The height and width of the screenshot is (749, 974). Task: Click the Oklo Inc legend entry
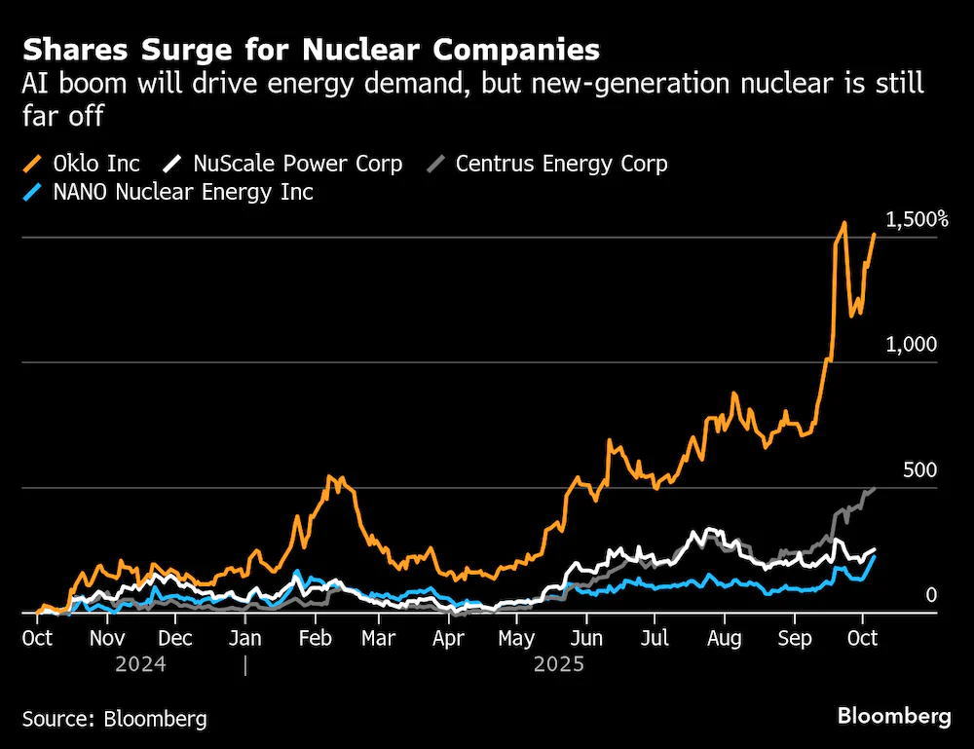(x=82, y=164)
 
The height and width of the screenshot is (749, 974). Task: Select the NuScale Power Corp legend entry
(x=282, y=164)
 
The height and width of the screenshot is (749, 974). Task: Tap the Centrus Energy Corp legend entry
(x=547, y=164)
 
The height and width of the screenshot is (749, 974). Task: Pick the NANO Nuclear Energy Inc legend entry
(x=168, y=192)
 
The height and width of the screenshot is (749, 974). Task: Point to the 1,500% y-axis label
(x=917, y=220)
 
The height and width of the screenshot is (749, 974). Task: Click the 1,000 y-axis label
(x=912, y=344)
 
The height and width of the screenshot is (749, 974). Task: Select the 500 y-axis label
(x=920, y=470)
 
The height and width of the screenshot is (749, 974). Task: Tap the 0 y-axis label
(x=930, y=595)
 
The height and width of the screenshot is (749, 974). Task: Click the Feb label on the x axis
(x=315, y=638)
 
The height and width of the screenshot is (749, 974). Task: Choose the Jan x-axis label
(x=244, y=638)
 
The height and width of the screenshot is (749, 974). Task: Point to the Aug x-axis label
(x=725, y=638)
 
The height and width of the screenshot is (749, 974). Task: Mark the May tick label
(x=516, y=638)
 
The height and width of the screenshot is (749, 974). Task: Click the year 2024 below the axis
(x=141, y=664)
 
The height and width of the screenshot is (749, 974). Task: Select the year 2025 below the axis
(x=559, y=664)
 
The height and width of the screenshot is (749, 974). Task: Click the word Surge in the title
(x=186, y=51)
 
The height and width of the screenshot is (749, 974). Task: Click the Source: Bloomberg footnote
(x=115, y=719)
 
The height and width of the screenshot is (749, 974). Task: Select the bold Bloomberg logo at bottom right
(x=894, y=717)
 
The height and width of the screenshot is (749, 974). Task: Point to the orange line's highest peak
(x=844, y=222)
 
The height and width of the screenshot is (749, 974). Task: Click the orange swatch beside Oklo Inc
(x=32, y=164)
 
